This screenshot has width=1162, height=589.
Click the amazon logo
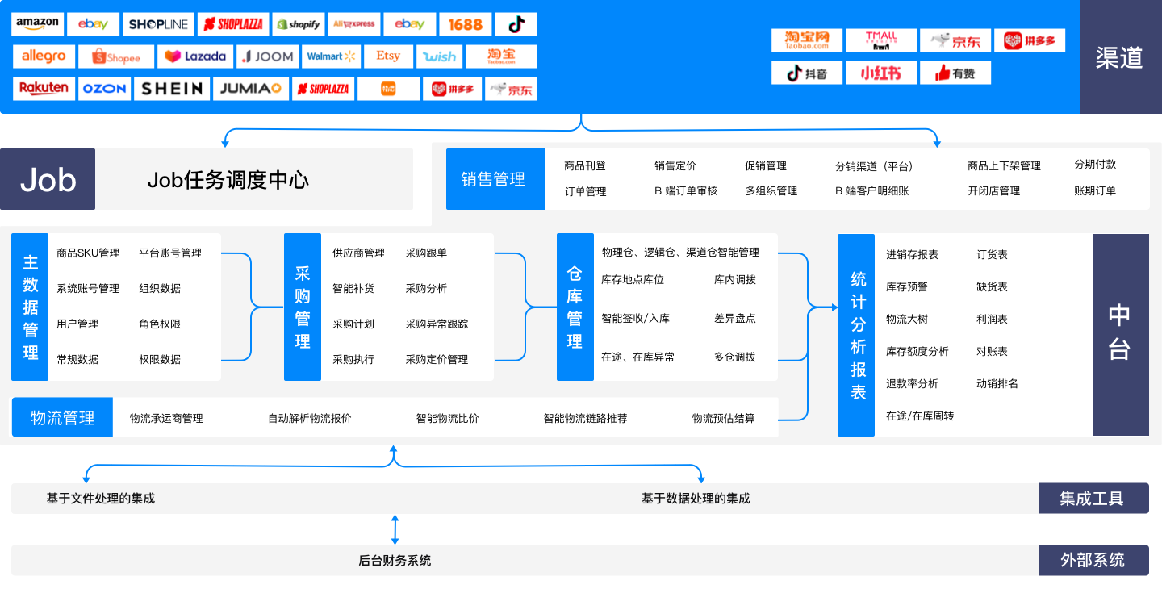[37, 24]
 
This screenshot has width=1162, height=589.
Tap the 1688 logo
[465, 24]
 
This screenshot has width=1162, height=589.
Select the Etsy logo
[387, 56]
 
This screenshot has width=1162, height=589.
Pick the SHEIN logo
[172, 89]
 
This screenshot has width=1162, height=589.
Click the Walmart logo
[331, 56]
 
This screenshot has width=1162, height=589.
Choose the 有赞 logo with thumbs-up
[955, 73]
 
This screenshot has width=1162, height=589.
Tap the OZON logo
[105, 89]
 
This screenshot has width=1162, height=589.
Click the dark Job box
[48, 179]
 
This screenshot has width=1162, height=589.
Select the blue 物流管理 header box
[62, 418]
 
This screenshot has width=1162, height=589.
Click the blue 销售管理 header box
[494, 179]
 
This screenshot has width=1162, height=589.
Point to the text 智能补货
[353, 289]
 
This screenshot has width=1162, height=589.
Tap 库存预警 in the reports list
[906, 287]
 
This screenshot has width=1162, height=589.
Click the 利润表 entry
[992, 320]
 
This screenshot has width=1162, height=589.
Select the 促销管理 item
[765, 166]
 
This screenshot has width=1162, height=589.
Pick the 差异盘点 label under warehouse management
[734, 319]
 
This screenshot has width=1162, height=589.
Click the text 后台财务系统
[395, 561]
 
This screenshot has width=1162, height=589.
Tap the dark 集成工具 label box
[1092, 499]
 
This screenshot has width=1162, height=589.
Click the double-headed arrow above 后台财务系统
[395, 529]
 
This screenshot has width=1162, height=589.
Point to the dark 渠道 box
[1119, 57]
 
